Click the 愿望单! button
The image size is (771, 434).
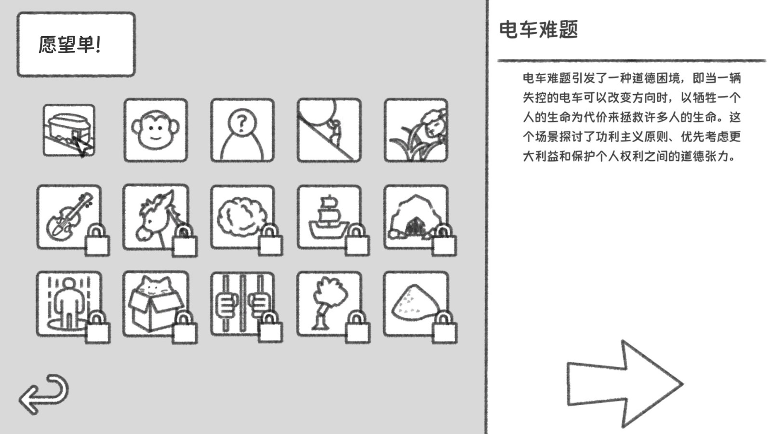(76, 44)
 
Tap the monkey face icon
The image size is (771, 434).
(156, 130)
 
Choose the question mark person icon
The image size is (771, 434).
(242, 130)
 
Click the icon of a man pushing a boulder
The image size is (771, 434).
(329, 130)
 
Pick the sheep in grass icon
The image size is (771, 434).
(416, 130)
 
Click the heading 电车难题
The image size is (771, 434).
(538, 30)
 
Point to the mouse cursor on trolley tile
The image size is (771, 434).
(83, 146)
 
